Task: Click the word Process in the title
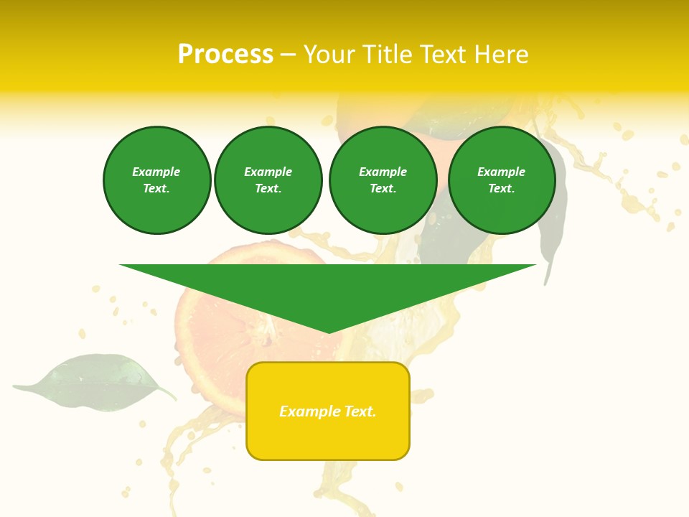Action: [x=225, y=55]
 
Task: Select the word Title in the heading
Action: [x=388, y=55]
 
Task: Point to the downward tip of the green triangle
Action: [x=328, y=331]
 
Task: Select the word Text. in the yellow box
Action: [x=359, y=411]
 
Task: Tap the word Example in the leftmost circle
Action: [x=156, y=172]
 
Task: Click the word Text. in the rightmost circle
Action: [x=501, y=189]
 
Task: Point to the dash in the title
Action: [x=288, y=55]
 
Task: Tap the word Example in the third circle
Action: [x=383, y=172]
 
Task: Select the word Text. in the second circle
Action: [x=268, y=189]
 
